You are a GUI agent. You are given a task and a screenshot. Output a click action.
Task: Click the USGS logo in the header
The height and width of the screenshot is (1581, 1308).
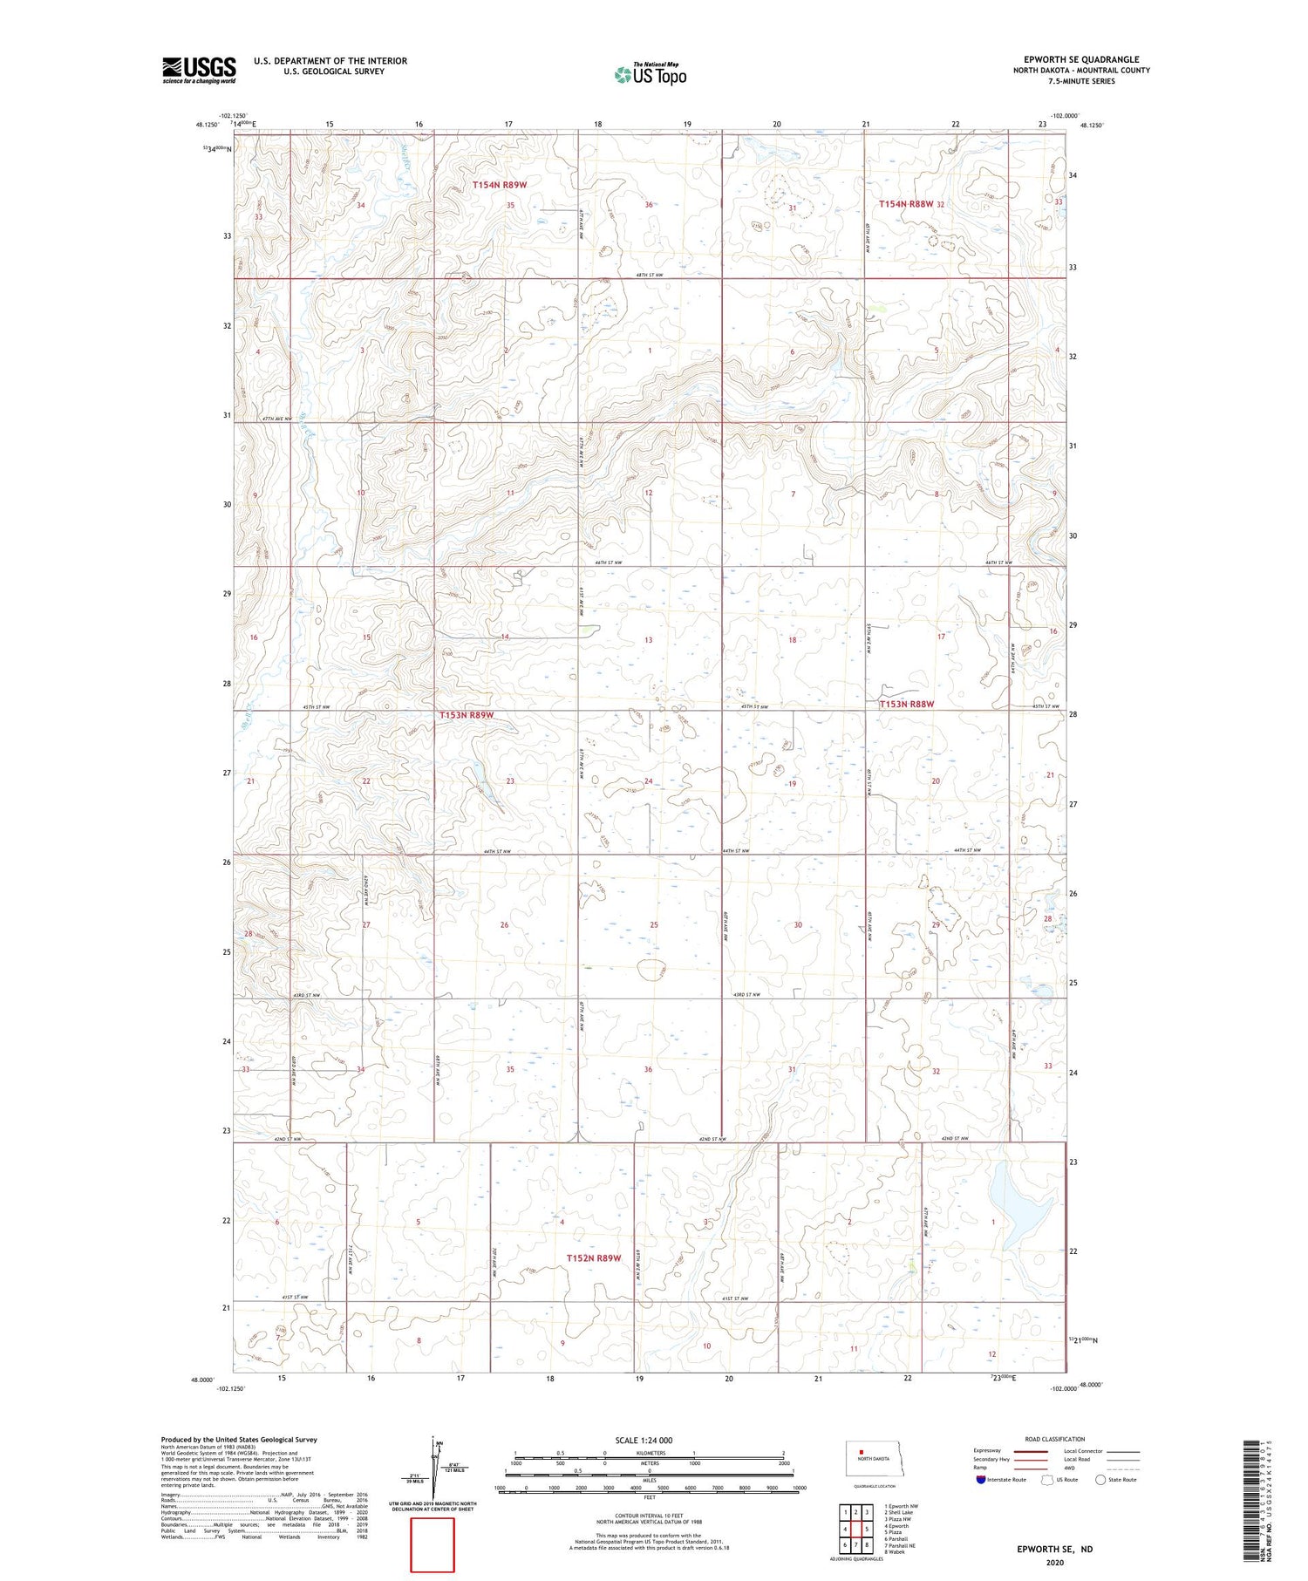click(x=199, y=70)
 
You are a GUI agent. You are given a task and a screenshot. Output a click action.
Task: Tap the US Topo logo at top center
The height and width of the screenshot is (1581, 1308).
click(x=650, y=75)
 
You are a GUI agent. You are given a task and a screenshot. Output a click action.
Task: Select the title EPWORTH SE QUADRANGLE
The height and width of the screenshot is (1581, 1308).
click(x=1081, y=59)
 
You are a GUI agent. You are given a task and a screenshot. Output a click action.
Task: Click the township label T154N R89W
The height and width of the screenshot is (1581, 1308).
click(x=500, y=185)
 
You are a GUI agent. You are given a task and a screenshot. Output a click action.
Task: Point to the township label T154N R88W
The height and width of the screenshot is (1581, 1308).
click(x=905, y=203)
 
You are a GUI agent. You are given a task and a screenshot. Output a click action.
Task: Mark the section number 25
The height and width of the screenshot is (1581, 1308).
click(x=654, y=924)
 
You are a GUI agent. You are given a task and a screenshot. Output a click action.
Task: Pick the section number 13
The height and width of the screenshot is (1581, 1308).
click(x=648, y=640)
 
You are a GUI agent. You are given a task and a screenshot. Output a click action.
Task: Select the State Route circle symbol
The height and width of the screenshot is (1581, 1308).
click(x=1100, y=1480)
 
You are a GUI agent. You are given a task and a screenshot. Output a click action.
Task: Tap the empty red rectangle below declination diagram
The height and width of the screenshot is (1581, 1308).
click(x=433, y=1544)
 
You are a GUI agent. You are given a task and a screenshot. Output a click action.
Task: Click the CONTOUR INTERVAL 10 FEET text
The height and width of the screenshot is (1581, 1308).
click(x=649, y=1516)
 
